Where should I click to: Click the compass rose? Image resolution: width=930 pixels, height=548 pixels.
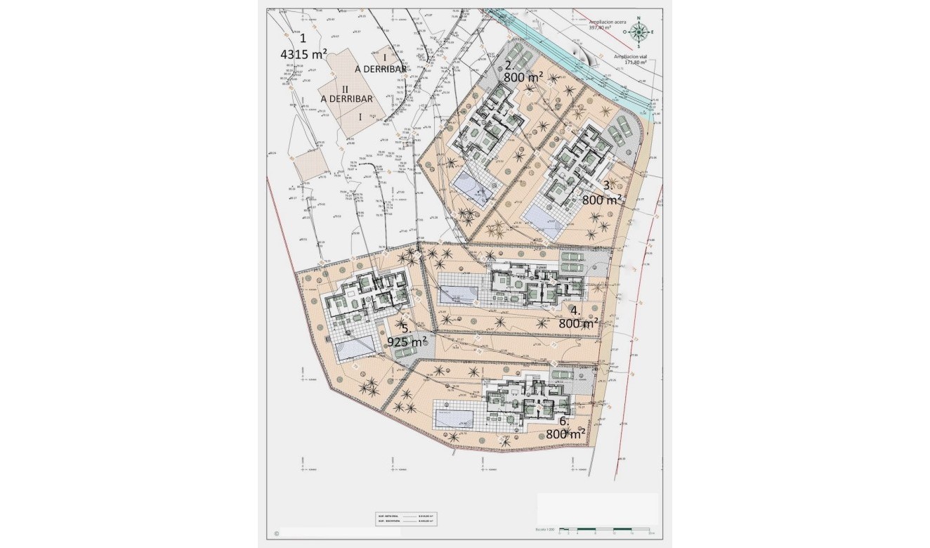click(638, 31)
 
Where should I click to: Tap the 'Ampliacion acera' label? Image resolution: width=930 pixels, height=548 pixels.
click(608, 25)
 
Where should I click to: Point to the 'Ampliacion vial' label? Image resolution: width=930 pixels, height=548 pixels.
click(630, 58)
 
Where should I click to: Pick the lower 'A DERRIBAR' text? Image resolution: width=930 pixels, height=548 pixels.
click(346, 99)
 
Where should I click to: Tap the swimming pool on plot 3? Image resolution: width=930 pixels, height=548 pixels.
click(544, 215)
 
